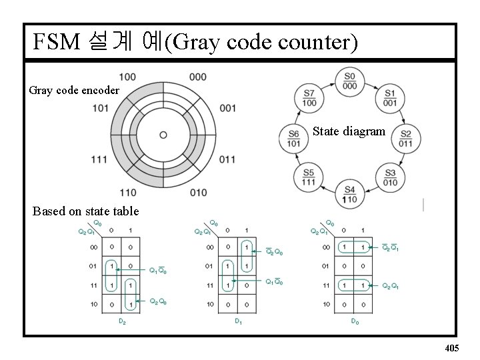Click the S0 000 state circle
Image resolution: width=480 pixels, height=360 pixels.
(350, 81)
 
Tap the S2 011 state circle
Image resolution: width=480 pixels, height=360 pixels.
(405, 138)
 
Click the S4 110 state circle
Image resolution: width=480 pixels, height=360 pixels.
(349, 194)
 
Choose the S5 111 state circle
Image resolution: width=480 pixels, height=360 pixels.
(309, 177)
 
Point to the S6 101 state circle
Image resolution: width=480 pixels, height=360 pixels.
(293, 138)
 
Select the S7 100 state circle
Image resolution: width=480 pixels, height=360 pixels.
(309, 98)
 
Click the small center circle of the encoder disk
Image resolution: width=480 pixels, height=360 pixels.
(163, 135)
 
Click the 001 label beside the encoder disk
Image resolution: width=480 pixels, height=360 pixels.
(227, 108)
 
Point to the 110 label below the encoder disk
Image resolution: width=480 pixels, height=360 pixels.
(128, 193)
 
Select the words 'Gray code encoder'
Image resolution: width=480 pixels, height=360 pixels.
(74, 90)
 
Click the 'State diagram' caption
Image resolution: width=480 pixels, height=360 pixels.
(349, 131)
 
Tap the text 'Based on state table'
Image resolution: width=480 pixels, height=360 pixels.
(85, 211)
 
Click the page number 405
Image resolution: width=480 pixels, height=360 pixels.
(451, 348)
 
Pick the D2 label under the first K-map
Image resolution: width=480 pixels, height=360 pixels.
(122, 321)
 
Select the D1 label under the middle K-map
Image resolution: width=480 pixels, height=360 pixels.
(238, 321)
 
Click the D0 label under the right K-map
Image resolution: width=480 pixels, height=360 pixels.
(355, 321)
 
